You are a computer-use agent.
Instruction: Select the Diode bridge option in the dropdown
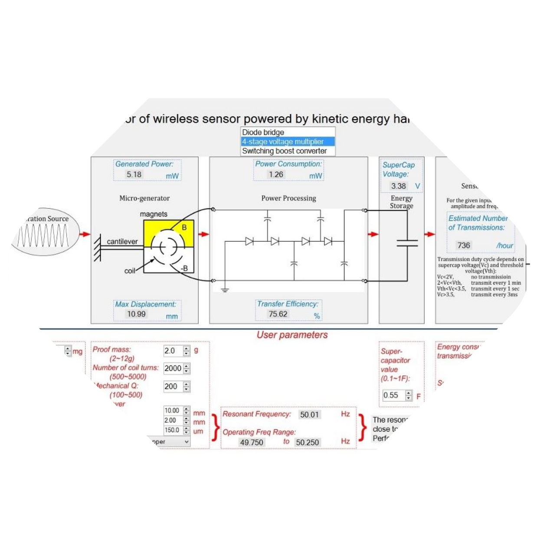[263, 132]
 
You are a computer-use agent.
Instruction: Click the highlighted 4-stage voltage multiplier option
[283, 142]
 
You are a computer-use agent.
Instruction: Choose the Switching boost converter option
[285, 151]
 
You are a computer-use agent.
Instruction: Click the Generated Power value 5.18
[134, 175]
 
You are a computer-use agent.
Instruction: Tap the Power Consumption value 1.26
[276, 175]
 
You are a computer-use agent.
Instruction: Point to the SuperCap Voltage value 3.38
[398, 186]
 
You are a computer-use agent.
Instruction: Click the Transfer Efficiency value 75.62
[278, 314]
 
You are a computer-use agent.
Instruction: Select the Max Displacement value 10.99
[136, 314]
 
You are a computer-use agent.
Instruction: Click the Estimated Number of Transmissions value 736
[463, 245]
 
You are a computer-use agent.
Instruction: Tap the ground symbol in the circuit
[225, 289]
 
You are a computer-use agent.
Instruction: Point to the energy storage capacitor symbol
[407, 243]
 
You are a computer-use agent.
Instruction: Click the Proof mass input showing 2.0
[173, 351]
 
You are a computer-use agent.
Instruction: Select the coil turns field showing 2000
[173, 368]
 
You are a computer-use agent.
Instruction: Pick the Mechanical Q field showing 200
[173, 387]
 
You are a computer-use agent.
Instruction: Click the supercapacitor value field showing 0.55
[393, 395]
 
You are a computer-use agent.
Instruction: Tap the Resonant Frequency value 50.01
[309, 415]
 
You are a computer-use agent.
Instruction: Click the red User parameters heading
[292, 335]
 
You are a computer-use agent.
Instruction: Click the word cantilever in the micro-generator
[122, 242]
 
